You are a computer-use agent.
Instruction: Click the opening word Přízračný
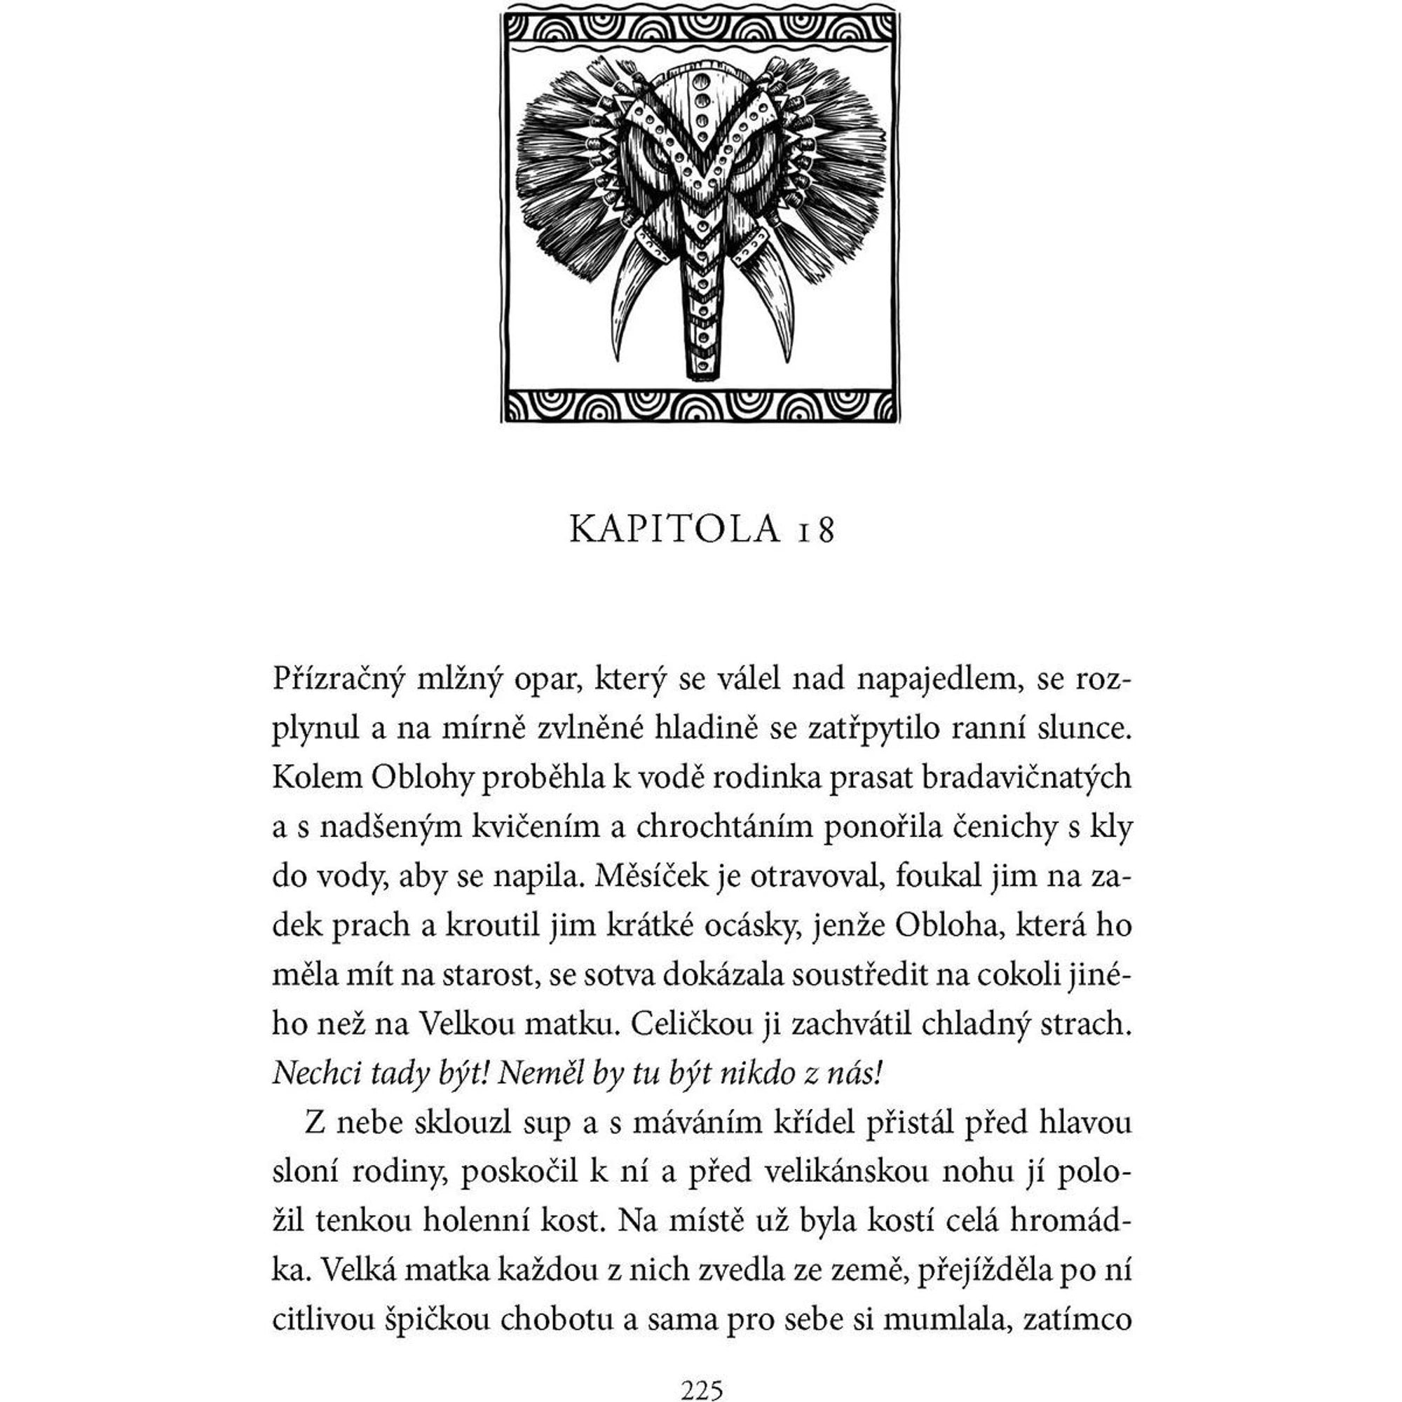pyautogui.click(x=337, y=681)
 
